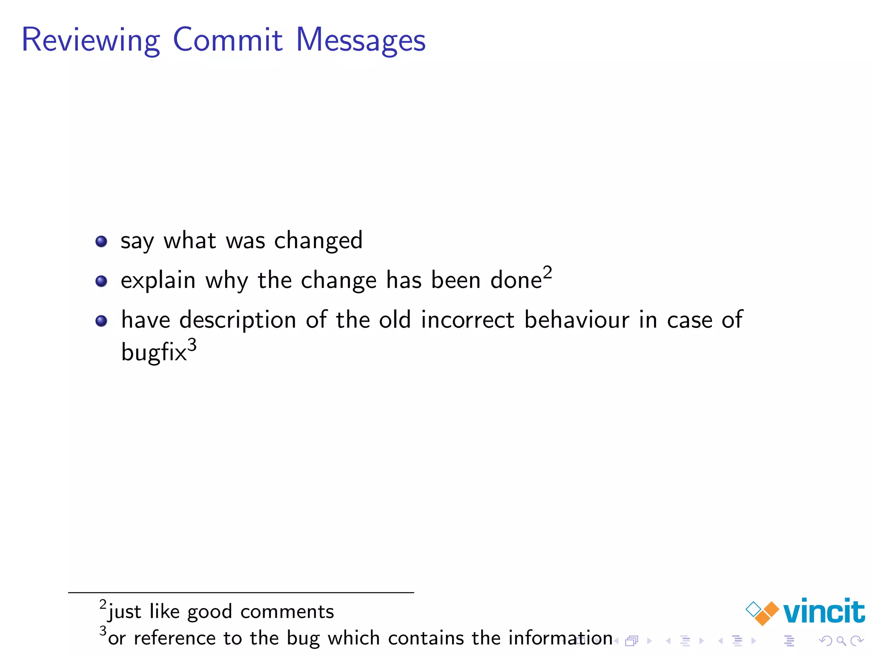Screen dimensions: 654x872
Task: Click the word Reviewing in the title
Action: pos(91,40)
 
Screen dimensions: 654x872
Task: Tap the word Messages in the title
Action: pos(361,40)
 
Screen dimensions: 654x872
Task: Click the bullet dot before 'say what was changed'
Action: pos(101,241)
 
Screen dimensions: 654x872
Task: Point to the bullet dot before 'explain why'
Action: pos(101,281)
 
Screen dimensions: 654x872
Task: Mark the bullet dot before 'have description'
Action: pos(101,321)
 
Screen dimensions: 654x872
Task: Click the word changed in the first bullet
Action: pos(318,241)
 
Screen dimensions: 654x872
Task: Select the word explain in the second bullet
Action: pos(158,281)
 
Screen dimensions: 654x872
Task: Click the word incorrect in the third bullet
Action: pos(468,320)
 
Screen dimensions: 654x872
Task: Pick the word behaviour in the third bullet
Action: pos(577,320)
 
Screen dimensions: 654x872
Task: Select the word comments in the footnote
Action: pos(287,612)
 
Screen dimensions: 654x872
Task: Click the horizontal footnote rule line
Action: pos(241,592)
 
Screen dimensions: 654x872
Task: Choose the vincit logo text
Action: pos(823,611)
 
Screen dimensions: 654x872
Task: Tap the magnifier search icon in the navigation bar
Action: pos(841,641)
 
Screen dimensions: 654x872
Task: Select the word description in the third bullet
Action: pos(238,321)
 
